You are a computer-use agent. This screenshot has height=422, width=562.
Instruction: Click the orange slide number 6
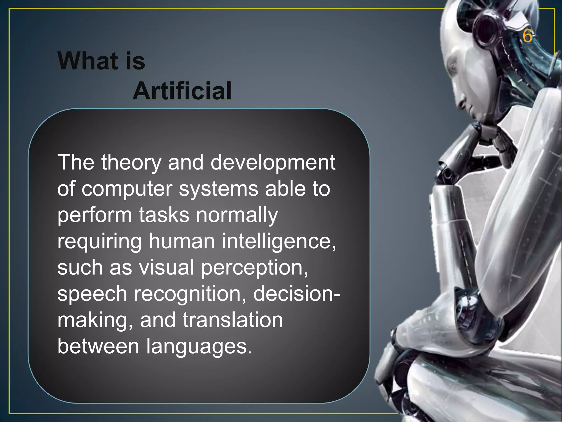[527, 36]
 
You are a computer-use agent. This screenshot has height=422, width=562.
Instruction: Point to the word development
[273, 163]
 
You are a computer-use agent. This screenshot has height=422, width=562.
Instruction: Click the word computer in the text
[127, 189]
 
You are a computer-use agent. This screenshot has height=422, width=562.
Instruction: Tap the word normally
[237, 215]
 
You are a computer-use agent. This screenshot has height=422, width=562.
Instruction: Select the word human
[182, 241]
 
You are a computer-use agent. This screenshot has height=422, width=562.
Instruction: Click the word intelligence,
[279, 241]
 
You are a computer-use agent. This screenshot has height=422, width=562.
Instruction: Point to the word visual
[166, 267]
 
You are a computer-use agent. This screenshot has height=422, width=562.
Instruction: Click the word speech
[92, 294]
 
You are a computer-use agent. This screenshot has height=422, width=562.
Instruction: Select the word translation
[233, 320]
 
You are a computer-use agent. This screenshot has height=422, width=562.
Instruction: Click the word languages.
[199, 346]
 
